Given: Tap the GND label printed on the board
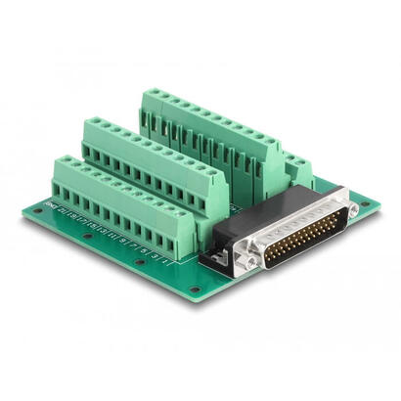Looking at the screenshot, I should [x=51, y=207].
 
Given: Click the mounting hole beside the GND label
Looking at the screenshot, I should [x=39, y=208].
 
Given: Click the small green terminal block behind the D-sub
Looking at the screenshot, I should [x=293, y=166].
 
